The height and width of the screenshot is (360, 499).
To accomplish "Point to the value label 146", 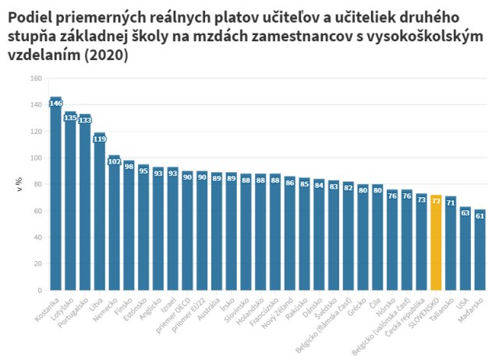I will click(x=55, y=103).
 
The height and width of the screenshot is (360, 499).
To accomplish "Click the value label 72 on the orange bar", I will click(x=437, y=200).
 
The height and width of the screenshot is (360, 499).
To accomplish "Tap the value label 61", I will click(x=480, y=215).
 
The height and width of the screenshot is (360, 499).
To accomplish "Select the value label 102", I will click(x=114, y=161).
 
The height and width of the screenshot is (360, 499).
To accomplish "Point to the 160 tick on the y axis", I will click(x=37, y=78).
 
